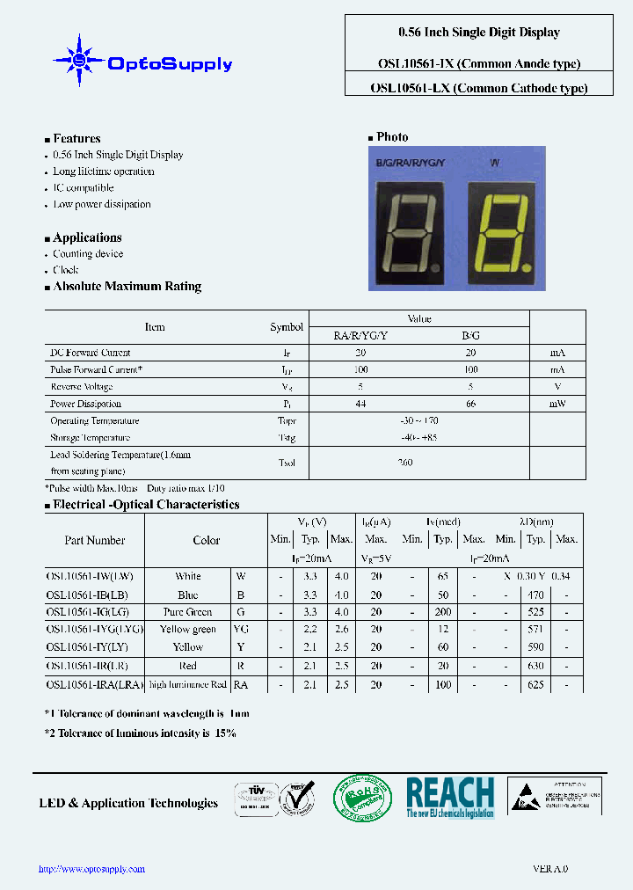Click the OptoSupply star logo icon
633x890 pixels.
(x=79, y=60)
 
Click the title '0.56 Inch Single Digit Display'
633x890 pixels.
(x=479, y=33)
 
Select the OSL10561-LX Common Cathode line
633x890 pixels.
(x=479, y=88)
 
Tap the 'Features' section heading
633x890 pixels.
(x=76, y=138)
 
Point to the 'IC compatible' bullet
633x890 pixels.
(x=84, y=188)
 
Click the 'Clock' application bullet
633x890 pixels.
(x=66, y=270)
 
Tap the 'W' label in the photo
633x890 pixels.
(x=495, y=163)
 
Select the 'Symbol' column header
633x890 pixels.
(x=287, y=327)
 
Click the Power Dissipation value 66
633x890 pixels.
(x=470, y=404)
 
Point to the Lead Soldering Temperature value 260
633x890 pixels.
(x=404, y=463)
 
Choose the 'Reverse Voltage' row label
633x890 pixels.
(x=82, y=387)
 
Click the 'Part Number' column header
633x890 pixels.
(x=95, y=541)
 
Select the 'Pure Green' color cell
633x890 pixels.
(x=187, y=612)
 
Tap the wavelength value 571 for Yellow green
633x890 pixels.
(x=536, y=630)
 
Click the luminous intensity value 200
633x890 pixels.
(x=443, y=612)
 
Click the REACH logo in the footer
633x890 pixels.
(x=450, y=798)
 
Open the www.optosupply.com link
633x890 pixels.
(x=91, y=869)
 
